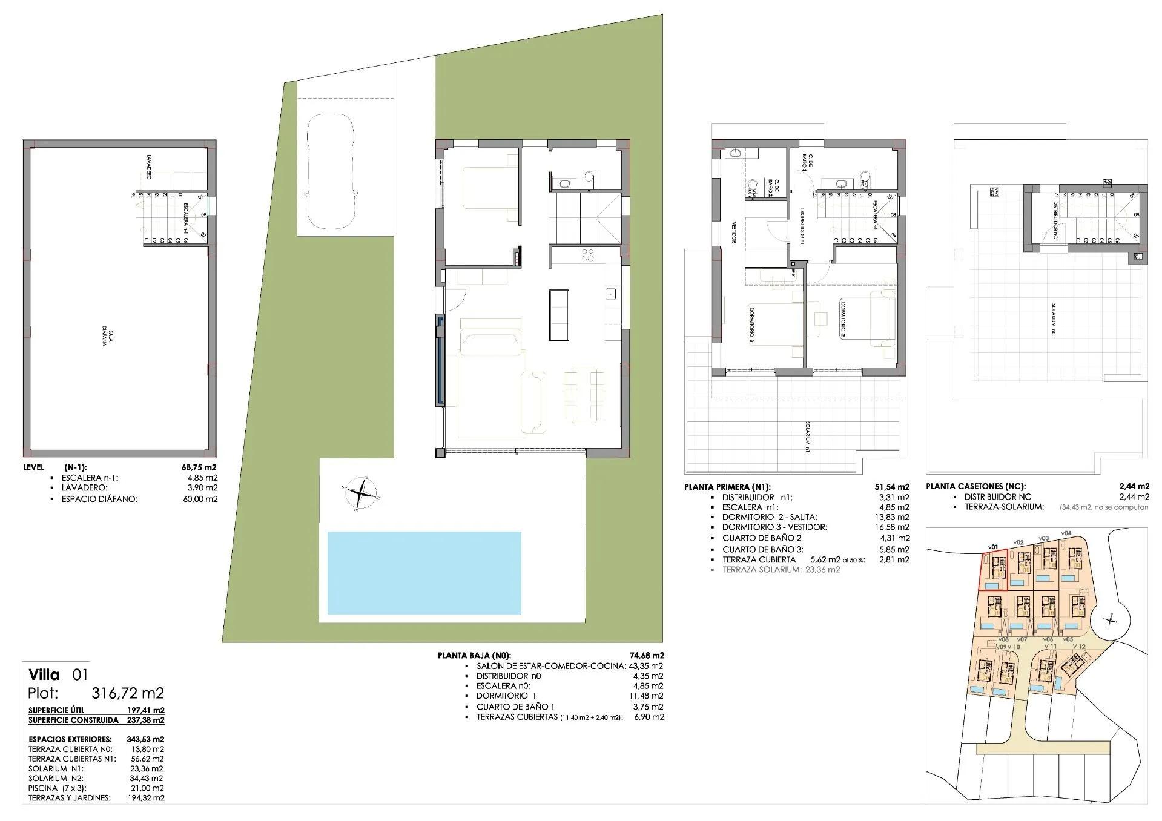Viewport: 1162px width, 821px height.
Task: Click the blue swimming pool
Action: [x=424, y=573]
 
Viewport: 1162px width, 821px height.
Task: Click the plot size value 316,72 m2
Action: [x=127, y=693]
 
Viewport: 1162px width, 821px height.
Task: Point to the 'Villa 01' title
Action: [x=59, y=674]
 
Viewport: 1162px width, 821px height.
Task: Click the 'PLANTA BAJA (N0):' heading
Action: [x=474, y=655]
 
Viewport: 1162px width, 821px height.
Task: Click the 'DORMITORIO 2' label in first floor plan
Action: [x=842, y=318]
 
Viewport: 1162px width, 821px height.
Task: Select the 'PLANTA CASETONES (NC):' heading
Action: [x=975, y=486]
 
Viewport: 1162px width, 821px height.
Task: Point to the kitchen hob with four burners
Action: [x=588, y=255]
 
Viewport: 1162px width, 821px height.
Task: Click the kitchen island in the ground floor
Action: [x=558, y=315]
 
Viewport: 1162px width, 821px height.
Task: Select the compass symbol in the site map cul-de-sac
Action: [x=1109, y=620]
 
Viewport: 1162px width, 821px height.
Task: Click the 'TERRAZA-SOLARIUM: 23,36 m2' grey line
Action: [x=781, y=570]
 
